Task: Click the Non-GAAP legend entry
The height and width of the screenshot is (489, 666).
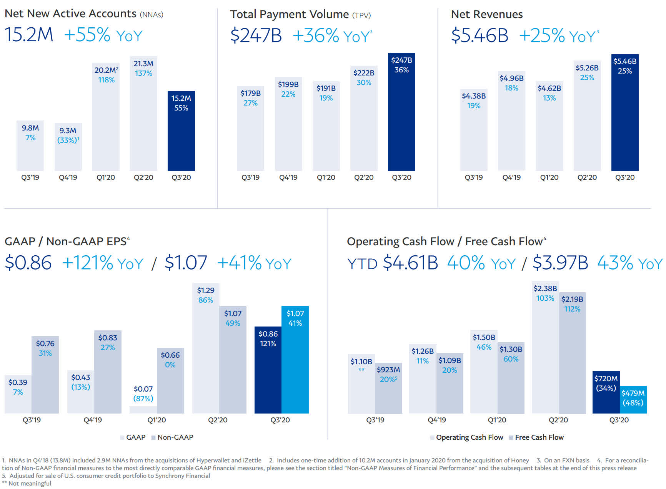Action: coord(175,437)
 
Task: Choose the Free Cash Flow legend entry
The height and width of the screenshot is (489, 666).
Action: coord(539,437)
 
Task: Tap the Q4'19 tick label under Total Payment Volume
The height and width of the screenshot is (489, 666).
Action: coord(288,178)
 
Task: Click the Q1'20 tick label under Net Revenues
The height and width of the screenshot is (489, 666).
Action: coord(549,178)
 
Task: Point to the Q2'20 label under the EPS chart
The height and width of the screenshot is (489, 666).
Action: coord(218,420)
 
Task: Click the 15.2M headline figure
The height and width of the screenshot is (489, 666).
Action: coord(29,35)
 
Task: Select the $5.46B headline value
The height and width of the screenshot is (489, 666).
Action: coord(480,35)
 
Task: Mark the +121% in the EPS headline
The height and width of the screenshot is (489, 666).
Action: coord(88,263)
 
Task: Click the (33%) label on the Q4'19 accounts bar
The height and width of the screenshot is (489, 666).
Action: coord(67,140)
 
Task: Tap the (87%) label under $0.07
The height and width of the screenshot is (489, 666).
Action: coord(143,399)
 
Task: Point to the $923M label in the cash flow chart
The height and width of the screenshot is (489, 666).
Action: coord(388,370)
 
